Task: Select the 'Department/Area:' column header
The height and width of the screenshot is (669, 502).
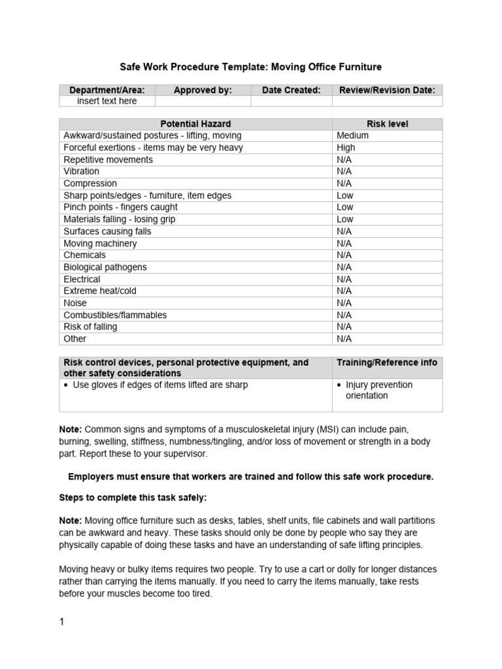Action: click(107, 90)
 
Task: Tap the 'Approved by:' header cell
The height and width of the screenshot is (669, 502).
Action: click(203, 90)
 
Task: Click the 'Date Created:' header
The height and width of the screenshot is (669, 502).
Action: click(291, 90)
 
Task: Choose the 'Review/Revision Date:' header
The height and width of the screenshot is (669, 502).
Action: click(387, 90)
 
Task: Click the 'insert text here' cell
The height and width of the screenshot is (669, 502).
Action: click(107, 101)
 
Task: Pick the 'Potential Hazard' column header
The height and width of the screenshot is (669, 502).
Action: click(195, 123)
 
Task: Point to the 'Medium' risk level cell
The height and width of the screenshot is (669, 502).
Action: click(352, 135)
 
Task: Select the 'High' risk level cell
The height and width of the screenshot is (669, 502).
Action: click(346, 148)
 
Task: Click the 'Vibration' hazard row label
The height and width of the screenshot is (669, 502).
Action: click(82, 171)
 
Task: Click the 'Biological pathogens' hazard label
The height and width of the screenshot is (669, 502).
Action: click(105, 267)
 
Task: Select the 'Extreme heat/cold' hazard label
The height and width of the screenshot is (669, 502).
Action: click(100, 291)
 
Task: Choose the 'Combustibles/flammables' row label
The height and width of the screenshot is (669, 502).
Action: click(115, 315)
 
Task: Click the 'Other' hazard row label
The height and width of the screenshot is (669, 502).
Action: click(75, 338)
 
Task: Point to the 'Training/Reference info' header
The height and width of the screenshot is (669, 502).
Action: click(387, 363)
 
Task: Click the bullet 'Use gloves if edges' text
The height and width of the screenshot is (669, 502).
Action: click(160, 385)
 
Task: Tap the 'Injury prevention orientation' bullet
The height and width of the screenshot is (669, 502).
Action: click(379, 390)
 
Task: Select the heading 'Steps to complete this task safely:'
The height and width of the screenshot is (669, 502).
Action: click(133, 498)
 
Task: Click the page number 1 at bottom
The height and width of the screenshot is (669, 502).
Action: click(62, 622)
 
